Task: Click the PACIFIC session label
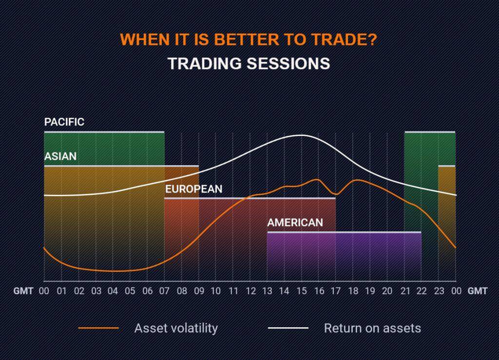pos(64,122)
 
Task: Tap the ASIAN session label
pos(60,156)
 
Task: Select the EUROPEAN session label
pos(194,189)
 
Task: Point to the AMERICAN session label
pos(295,222)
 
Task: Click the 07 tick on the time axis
pos(164,291)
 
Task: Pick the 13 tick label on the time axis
pos(268,291)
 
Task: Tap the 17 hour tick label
pos(336,291)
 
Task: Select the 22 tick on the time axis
pos(422,291)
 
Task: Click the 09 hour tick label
pos(199,291)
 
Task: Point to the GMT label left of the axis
pos(23,291)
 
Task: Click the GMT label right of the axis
pos(478,291)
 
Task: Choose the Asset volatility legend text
pos(176,328)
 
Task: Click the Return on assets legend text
pos(372,328)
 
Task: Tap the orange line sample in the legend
pos(98,328)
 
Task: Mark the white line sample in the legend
pos(288,328)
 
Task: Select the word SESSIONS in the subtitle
pos(288,63)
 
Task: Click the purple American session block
pos(345,256)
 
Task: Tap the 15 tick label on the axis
pos(301,291)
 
